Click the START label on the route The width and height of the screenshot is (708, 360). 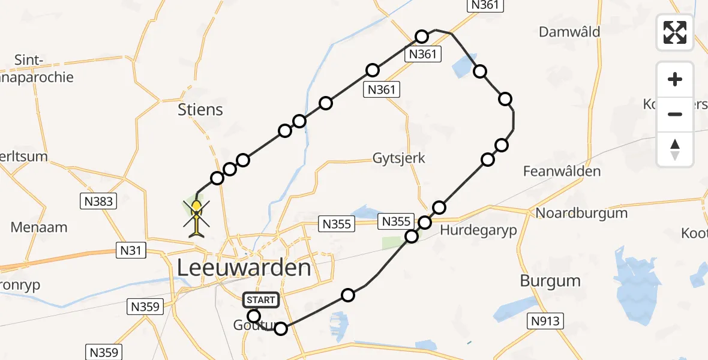pos(260,299)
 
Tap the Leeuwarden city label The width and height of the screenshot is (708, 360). pos(245,268)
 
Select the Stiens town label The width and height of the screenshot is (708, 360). pos(200,110)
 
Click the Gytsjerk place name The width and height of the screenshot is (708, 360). pos(399,158)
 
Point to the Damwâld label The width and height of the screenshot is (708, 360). pos(569,32)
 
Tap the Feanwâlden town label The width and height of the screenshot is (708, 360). pos(562,172)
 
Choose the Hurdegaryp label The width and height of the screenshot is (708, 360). pos(478,231)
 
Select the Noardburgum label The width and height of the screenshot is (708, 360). pos(573,213)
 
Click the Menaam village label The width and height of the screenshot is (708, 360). pos(39,227)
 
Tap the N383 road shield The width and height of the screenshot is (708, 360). pos(98,201)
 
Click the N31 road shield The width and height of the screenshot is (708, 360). pos(130,250)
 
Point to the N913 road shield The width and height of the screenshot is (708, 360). pos(545,321)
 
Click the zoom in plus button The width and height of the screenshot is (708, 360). pos(675,79)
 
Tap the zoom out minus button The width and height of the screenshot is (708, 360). pos(675,114)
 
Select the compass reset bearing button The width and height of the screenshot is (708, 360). pos(675,149)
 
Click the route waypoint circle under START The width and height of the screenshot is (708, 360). pos(254,316)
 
